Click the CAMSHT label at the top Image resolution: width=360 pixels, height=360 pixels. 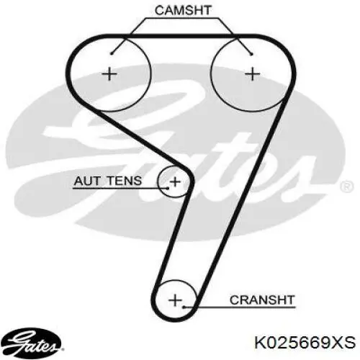click(x=183, y=11)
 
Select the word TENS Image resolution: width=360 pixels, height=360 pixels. click(x=125, y=181)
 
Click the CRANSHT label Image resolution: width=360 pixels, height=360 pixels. click(x=262, y=300)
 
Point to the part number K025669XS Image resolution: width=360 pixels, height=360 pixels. click(x=305, y=343)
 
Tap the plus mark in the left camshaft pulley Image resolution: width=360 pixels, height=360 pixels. click(x=109, y=74)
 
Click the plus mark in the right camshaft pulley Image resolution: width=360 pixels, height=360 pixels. click(x=252, y=74)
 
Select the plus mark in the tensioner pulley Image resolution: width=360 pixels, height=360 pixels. click(x=175, y=181)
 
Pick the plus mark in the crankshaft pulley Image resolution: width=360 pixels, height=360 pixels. click(x=175, y=300)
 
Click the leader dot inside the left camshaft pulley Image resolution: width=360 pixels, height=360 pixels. click(x=111, y=53)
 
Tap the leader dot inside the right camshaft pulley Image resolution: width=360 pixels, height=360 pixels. click(x=251, y=54)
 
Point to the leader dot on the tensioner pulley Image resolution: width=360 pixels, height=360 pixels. click(x=168, y=188)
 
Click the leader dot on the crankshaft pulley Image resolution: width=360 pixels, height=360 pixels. click(x=184, y=307)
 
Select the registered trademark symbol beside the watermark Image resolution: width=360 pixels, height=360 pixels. click(x=347, y=186)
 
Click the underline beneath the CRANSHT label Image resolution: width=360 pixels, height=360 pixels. click(x=239, y=307)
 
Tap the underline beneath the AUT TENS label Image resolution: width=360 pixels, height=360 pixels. click(x=120, y=188)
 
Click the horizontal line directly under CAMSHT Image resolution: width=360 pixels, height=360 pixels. click(x=183, y=18)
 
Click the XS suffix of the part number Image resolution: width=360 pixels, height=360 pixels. click(x=345, y=343)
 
